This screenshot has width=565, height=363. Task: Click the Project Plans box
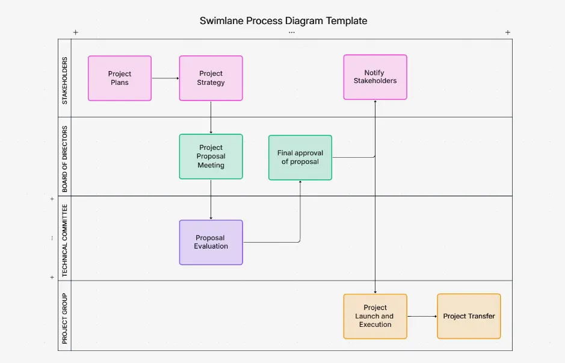pyautogui.click(x=120, y=78)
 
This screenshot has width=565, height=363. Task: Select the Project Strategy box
pyautogui.click(x=211, y=78)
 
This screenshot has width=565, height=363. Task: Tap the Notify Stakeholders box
pyautogui.click(x=375, y=77)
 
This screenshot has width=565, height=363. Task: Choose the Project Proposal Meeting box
pyautogui.click(x=211, y=157)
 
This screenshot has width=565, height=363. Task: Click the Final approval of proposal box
pyautogui.click(x=300, y=158)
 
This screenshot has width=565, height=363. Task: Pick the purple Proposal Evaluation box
pyautogui.click(x=211, y=242)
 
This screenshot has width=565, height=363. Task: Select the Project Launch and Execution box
pyautogui.click(x=375, y=316)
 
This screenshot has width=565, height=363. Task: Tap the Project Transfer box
pyautogui.click(x=469, y=316)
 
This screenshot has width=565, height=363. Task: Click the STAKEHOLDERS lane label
pyautogui.click(x=65, y=81)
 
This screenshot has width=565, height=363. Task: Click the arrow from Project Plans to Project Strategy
pyautogui.click(x=165, y=78)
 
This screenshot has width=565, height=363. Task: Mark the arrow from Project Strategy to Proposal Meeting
pyautogui.click(x=211, y=117)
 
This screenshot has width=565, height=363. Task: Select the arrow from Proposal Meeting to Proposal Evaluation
pyautogui.click(x=211, y=199)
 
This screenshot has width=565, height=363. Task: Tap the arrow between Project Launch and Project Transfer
pyautogui.click(x=422, y=316)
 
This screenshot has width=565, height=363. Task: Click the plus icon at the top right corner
pyautogui.click(x=507, y=33)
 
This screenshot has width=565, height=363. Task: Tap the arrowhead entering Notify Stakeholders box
pyautogui.click(x=375, y=102)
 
